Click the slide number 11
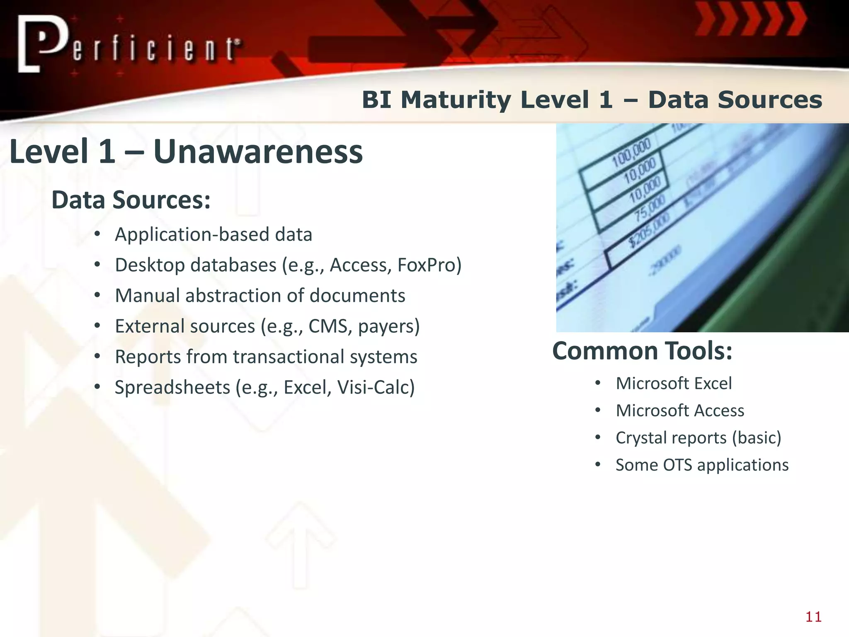[813, 617]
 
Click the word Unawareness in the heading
[258, 151]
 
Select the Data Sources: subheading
[131, 200]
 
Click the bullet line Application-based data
[213, 235]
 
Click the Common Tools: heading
[642, 351]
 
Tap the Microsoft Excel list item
[674, 383]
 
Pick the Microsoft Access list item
[680, 411]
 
